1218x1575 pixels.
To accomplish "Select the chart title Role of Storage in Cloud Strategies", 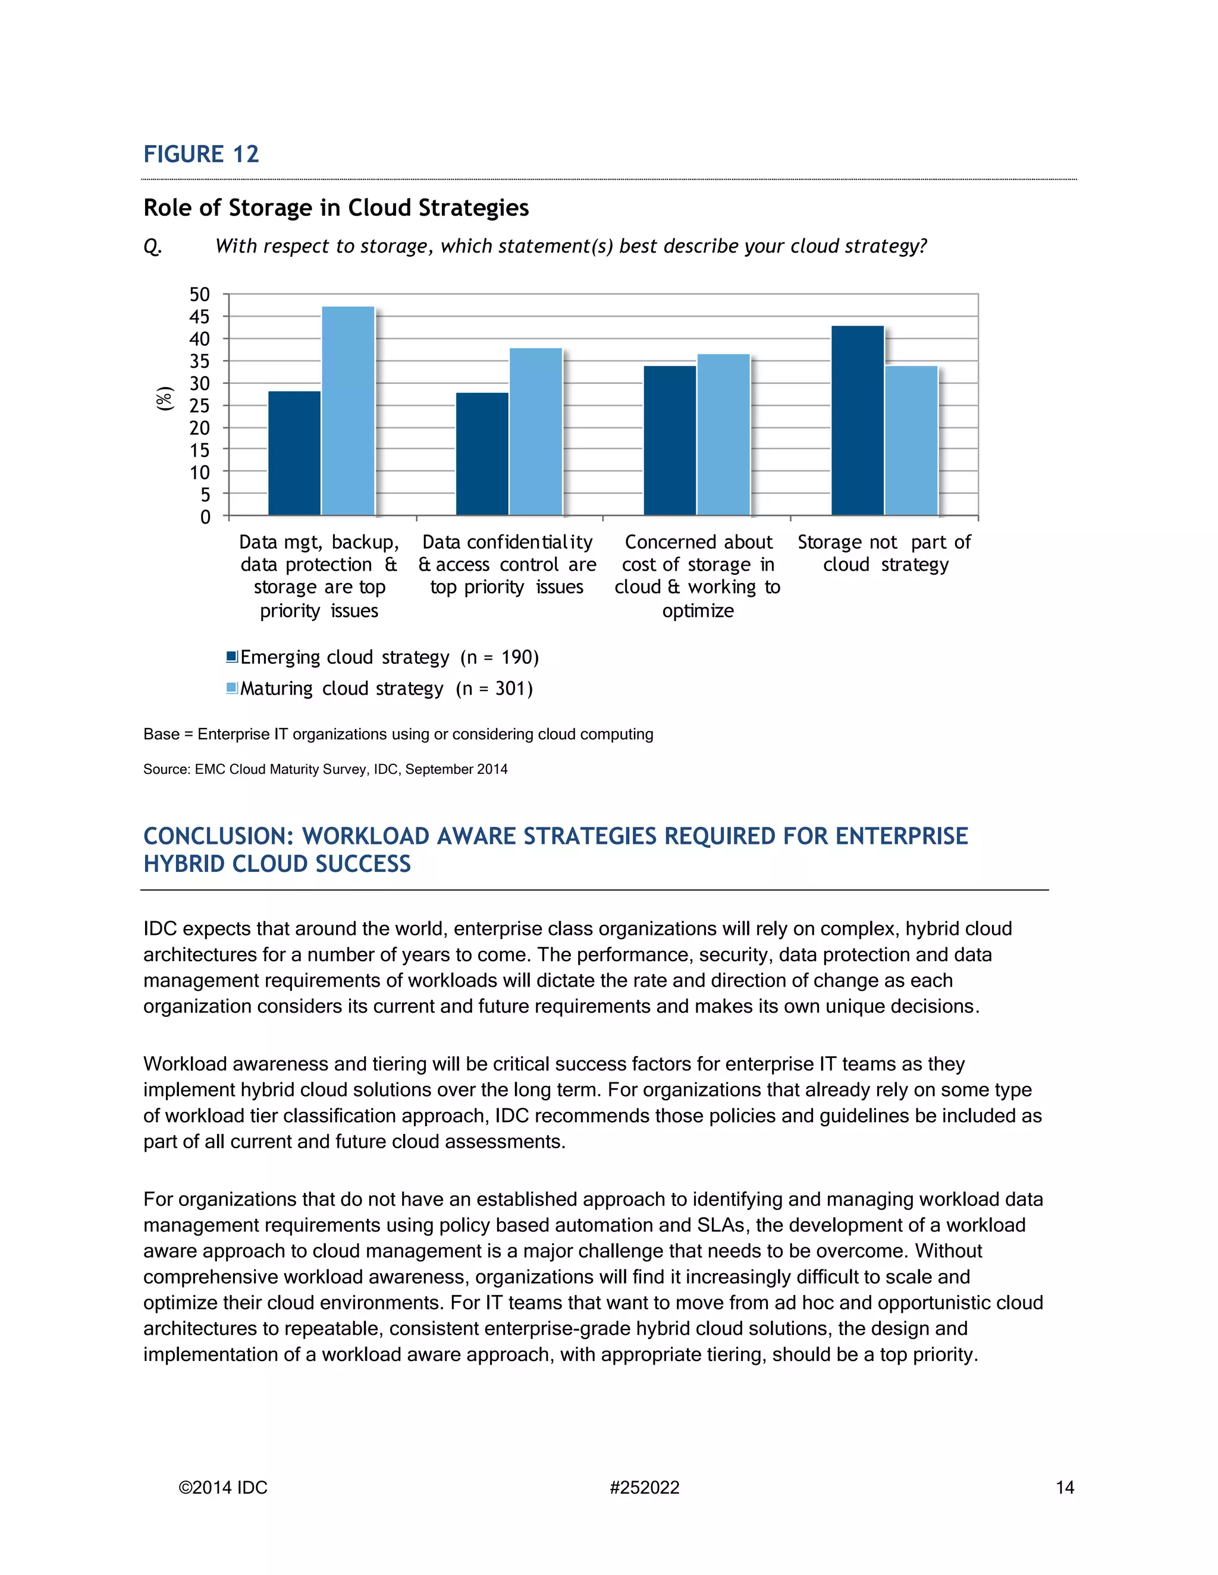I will pos(335,207).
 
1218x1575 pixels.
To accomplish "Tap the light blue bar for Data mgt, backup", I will pos(348,411).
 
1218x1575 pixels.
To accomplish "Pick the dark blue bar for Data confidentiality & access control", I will pos(482,453).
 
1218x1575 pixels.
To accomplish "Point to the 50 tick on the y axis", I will pos(200,294).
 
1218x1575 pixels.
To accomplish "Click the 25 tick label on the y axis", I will pos(200,405).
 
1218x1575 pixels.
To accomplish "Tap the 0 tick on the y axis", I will pos(206,517).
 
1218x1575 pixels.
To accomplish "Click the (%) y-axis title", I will pos(165,399).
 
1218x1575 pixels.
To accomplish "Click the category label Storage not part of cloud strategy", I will pos(884,553).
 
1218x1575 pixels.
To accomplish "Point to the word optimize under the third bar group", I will pos(698,611).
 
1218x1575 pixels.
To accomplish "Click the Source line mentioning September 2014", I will pos(325,770).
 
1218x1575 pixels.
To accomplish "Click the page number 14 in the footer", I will pos(1065,1488).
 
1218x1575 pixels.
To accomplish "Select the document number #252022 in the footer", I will pos(644,1488).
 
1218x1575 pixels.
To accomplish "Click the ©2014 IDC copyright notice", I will pos(223,1488).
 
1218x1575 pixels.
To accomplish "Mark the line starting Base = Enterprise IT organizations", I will pos(398,734).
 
